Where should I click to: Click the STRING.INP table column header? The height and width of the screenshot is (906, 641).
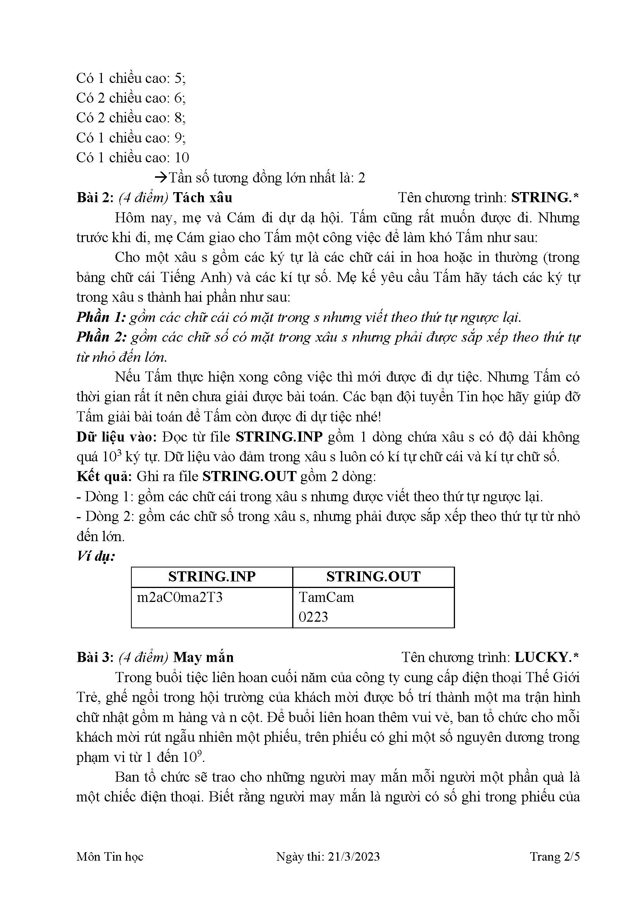coord(212,576)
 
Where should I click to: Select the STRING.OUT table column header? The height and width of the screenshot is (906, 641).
coord(373,576)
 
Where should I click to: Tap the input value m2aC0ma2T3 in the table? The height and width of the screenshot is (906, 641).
coord(179,597)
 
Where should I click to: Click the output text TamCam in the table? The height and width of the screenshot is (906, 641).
coord(326,597)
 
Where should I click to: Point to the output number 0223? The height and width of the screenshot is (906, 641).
coord(313,617)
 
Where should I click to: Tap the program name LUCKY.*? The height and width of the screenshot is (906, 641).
coord(547,657)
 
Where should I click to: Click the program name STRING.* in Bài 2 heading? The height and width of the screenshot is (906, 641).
coord(545,197)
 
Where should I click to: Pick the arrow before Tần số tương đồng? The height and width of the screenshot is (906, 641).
coord(161,177)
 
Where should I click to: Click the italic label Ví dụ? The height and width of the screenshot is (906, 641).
coord(96,557)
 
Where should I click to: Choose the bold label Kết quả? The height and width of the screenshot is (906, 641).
coord(104,477)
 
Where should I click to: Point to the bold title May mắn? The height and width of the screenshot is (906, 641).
coord(203,657)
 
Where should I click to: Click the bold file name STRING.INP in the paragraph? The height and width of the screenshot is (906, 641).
coord(279,437)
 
